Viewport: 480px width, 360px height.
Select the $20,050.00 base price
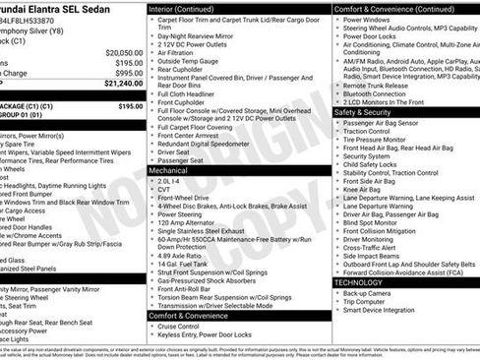(x=124, y=52)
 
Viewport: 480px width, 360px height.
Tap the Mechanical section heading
(x=168, y=170)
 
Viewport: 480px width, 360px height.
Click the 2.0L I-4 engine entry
(x=169, y=181)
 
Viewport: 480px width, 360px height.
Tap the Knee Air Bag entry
(x=367, y=190)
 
